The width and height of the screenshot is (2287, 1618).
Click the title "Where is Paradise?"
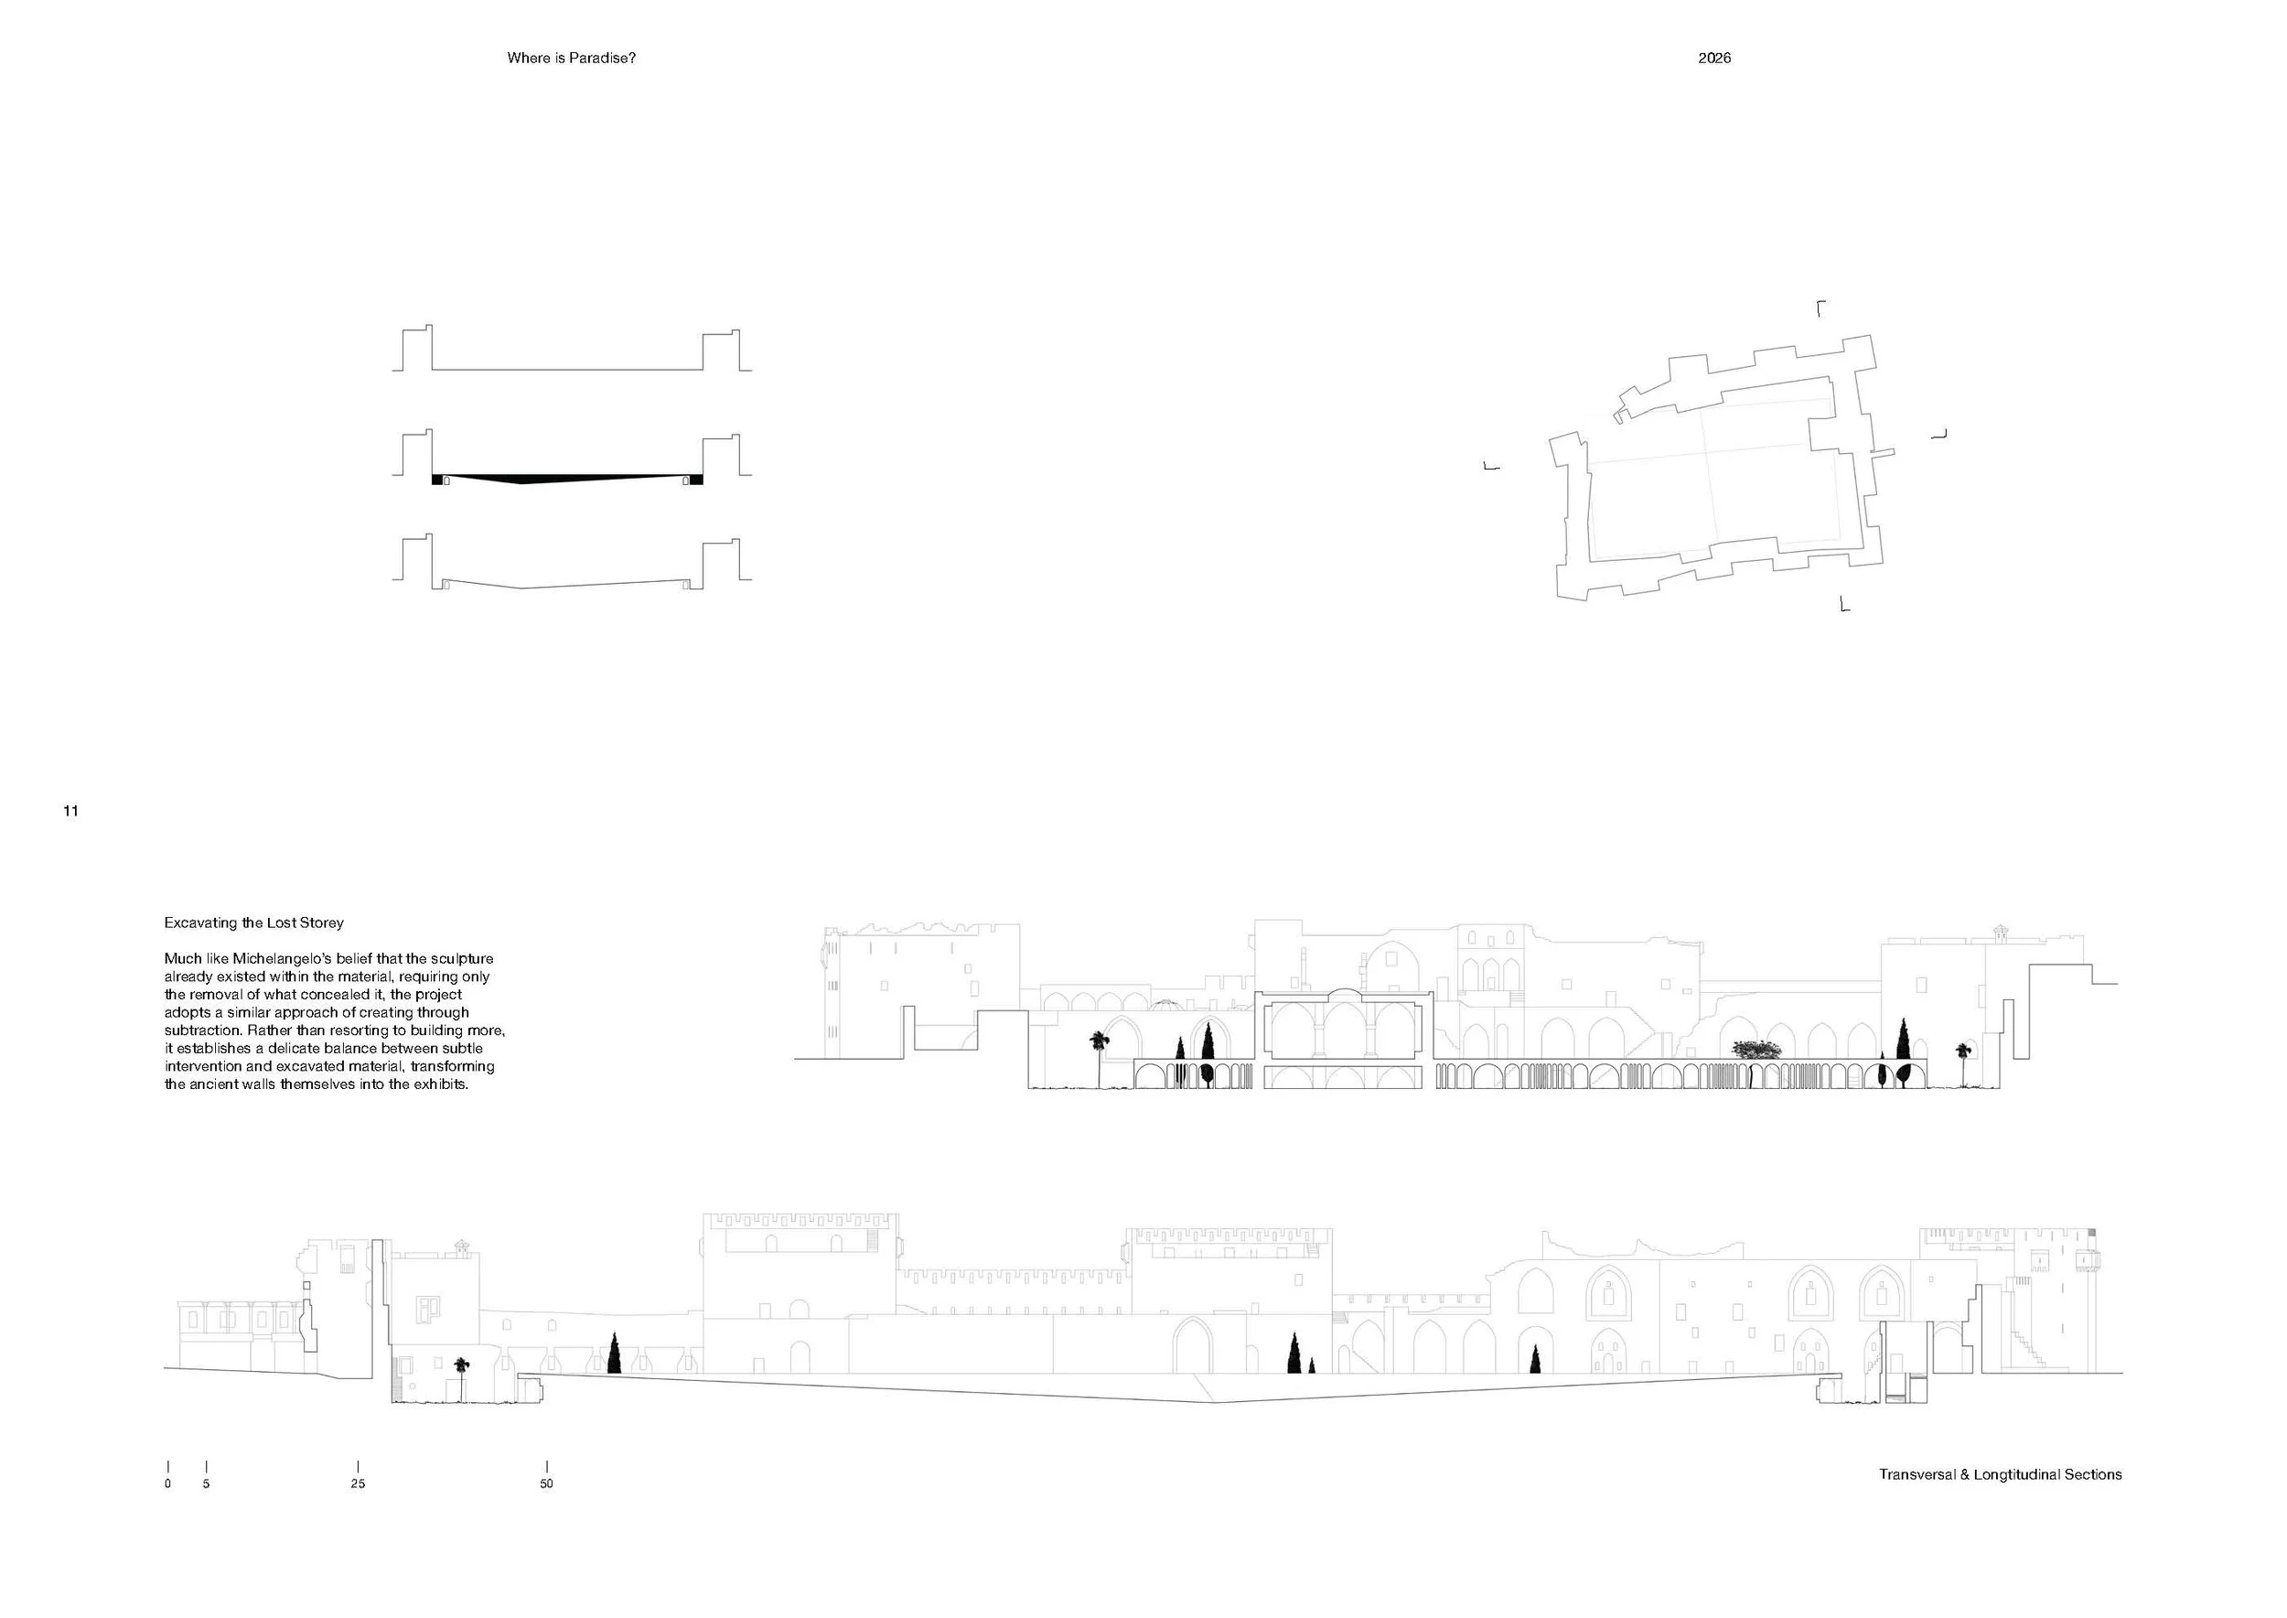[571, 58]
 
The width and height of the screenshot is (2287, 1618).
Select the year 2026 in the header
[1714, 58]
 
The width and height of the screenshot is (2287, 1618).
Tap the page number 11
[70, 811]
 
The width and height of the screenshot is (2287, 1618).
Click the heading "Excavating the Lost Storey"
[254, 923]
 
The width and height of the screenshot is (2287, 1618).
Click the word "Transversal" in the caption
[1917, 1474]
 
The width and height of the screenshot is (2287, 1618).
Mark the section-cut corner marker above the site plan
[1820, 307]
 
